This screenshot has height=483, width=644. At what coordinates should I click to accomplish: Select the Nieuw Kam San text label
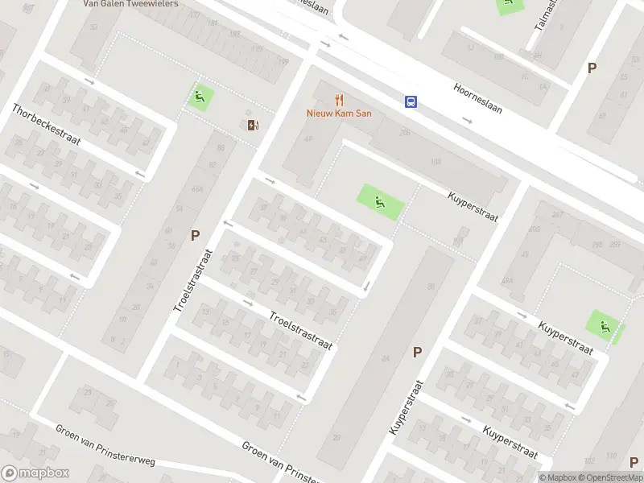point(338,114)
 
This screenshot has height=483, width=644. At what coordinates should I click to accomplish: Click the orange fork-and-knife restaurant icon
point(339,100)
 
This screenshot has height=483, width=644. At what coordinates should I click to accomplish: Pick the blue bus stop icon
point(411,101)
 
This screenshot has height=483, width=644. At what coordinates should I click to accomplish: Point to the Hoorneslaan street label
point(477,98)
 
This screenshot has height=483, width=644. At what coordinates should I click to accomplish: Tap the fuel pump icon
point(253,124)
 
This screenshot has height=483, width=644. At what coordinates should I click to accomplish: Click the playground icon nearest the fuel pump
point(200,98)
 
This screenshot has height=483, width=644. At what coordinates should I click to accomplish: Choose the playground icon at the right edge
point(605,327)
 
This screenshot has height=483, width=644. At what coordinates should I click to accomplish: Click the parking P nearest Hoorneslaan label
point(592,68)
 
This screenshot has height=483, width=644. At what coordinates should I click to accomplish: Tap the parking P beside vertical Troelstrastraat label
point(194,235)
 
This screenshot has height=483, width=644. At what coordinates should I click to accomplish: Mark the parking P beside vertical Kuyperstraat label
point(417,351)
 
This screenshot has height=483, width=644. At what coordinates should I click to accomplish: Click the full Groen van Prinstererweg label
point(105,444)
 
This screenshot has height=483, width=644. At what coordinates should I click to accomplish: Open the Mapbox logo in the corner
point(35,473)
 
